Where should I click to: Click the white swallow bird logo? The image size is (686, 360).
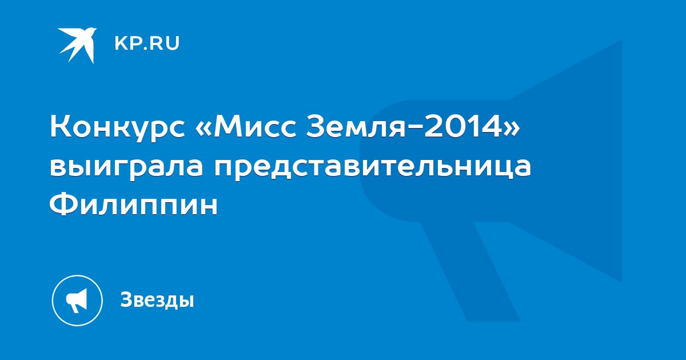click(78, 45)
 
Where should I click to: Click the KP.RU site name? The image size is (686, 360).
click(147, 43)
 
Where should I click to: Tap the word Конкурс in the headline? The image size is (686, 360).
click(118, 128)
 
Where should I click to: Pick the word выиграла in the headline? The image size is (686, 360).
click(126, 166)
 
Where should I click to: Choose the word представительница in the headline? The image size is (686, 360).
click(372, 167)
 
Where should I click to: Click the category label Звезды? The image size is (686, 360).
click(157, 299)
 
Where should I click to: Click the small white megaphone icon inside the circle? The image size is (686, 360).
click(77, 301)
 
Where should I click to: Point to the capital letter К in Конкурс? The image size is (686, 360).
click(61, 127)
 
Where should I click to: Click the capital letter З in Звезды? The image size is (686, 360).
click(126, 299)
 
